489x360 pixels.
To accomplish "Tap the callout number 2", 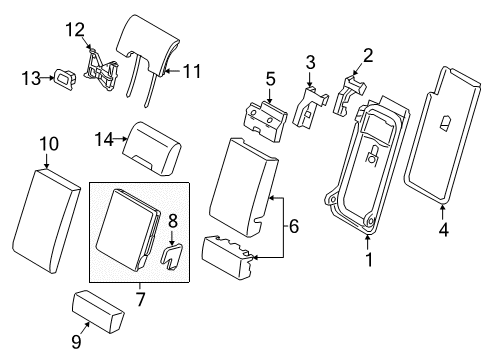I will (367, 54).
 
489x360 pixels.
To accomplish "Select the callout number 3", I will (310, 63).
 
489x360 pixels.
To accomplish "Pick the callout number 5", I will (270, 77).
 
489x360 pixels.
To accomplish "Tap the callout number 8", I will (171, 223).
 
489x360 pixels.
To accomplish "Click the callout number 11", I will (191, 71).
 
